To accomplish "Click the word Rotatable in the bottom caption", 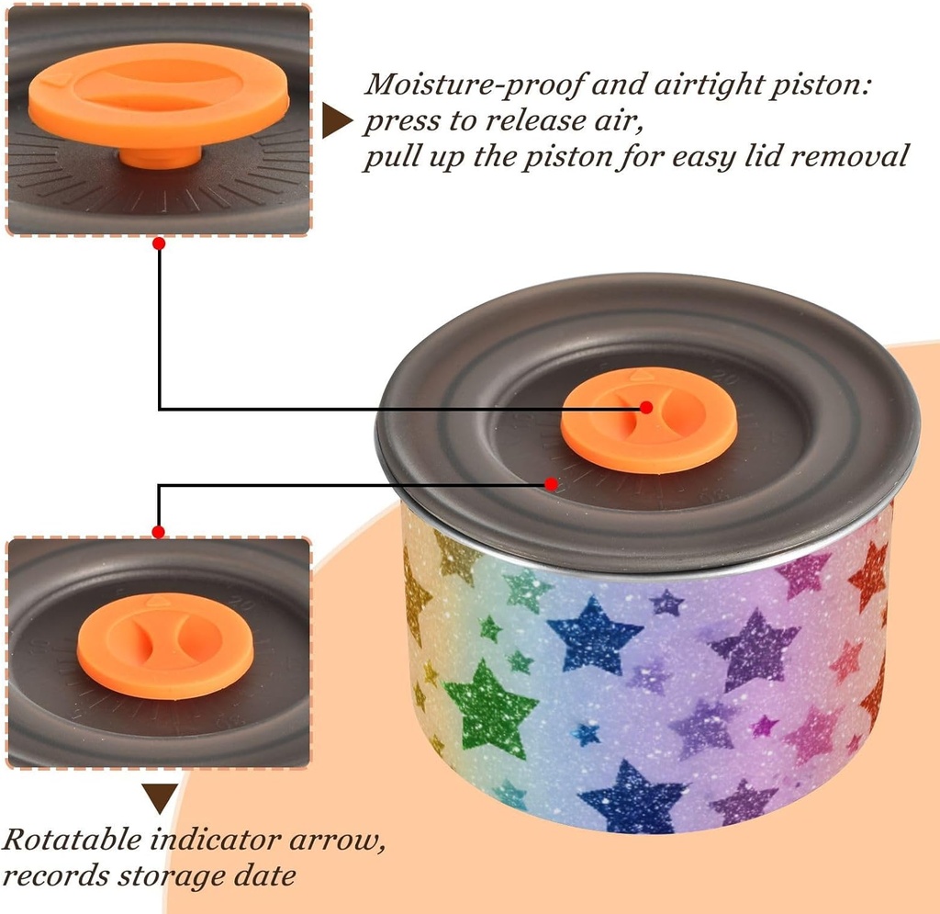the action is [x=73, y=840].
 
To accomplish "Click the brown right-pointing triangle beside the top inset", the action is [x=336, y=120].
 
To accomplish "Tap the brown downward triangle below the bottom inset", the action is [x=160, y=798].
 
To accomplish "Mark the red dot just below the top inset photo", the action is [x=159, y=243].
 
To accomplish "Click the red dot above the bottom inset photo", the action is [x=159, y=532].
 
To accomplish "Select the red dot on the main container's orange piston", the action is [x=646, y=407].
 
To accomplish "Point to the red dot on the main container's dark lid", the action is [x=552, y=483].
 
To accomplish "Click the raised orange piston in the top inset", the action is [x=159, y=96].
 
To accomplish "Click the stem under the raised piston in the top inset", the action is [x=161, y=157].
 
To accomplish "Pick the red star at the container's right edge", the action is [x=868, y=575].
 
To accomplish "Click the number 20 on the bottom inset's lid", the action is [x=242, y=602].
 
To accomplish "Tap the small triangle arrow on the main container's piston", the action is [x=642, y=375].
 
